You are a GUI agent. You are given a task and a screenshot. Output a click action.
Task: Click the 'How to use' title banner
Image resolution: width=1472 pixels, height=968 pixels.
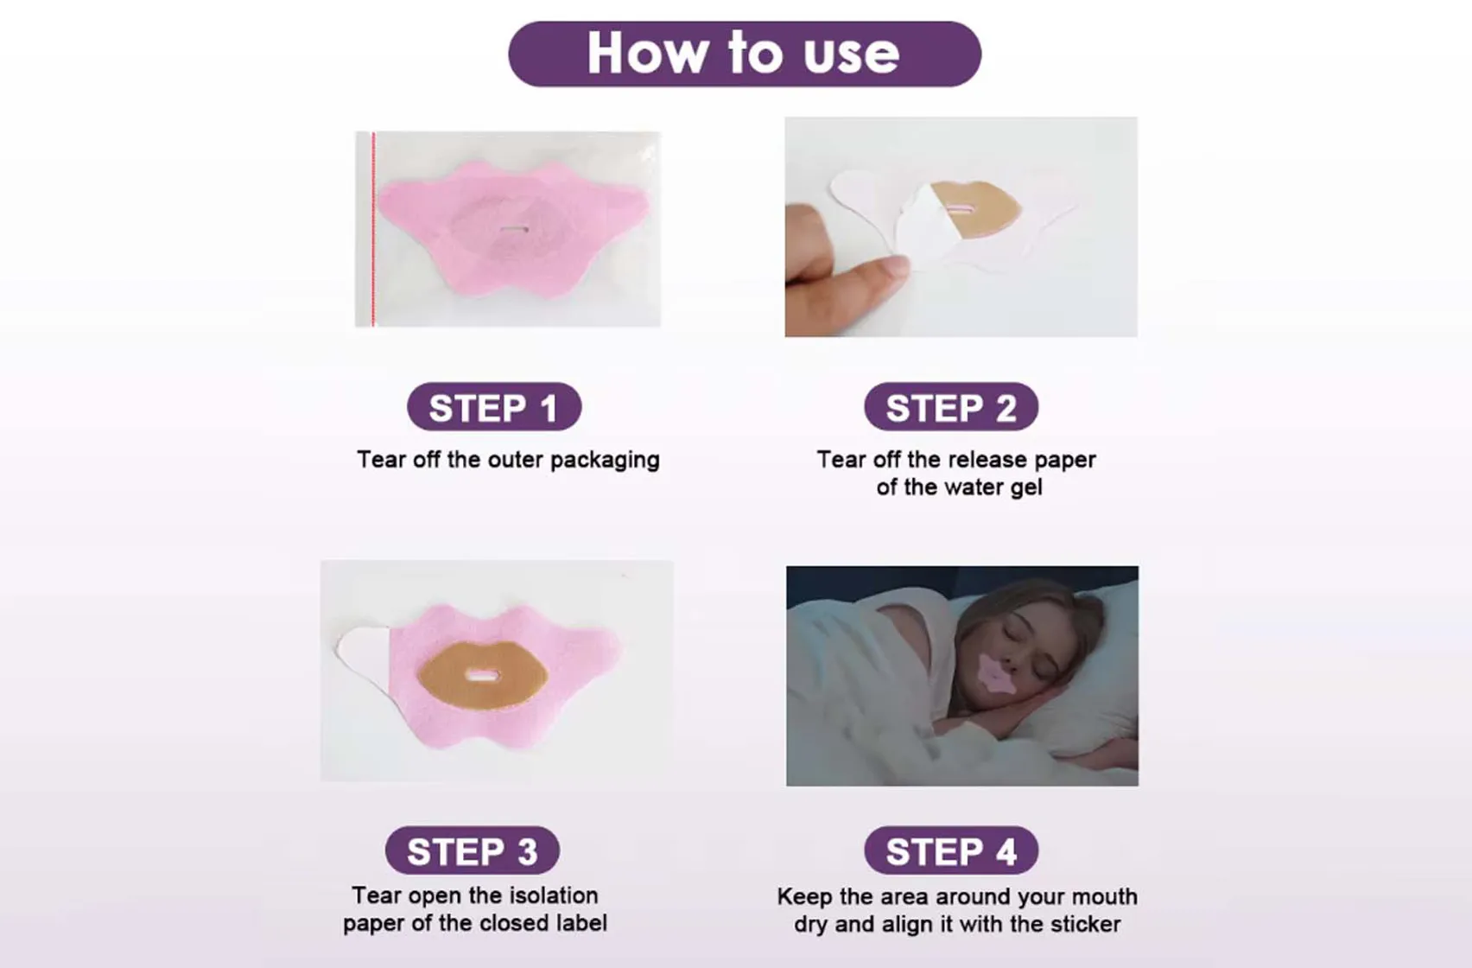click(x=744, y=54)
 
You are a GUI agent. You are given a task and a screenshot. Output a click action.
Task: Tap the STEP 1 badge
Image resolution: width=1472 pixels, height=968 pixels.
click(x=493, y=407)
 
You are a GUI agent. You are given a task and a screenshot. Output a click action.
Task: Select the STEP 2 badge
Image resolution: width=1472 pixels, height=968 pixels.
click(x=950, y=407)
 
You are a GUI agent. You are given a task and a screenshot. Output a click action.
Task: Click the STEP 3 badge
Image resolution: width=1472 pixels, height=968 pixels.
click(x=472, y=850)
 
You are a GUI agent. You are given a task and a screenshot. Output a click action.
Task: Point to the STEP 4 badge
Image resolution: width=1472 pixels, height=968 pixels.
click(x=950, y=850)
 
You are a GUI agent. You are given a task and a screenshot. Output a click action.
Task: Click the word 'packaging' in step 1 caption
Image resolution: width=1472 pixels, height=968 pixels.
click(x=605, y=460)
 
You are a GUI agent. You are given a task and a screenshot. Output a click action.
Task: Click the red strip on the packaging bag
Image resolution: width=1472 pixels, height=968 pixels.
click(x=373, y=229)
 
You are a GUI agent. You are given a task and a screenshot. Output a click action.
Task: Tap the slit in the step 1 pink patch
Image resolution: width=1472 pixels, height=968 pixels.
click(x=515, y=229)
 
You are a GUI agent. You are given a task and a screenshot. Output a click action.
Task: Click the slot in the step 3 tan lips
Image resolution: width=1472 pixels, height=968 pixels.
click(x=482, y=675)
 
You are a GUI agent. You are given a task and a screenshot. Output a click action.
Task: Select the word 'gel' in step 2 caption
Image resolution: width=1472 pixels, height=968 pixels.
click(x=1026, y=487)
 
